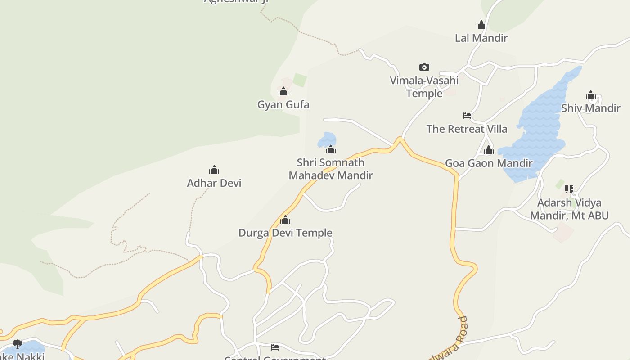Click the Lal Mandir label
tap(481, 38)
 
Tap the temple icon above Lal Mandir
tap(481, 25)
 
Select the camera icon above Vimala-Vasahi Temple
tap(424, 67)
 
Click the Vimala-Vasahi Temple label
tap(424, 87)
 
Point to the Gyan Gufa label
tap(283, 105)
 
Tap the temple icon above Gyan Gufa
tap(283, 92)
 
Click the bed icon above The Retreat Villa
tap(467, 116)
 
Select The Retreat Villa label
tap(467, 129)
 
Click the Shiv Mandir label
tap(590, 108)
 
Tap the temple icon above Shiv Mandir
tap(591, 95)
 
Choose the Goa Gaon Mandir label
tap(489, 163)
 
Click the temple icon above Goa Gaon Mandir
tap(489, 150)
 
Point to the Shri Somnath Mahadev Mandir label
tap(331, 169)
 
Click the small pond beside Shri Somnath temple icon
tap(327, 139)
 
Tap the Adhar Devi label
tap(214, 183)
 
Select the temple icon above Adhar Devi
tap(214, 170)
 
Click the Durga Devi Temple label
tap(285, 233)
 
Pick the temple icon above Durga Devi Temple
tap(285, 220)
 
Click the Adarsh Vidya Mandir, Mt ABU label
tap(569, 209)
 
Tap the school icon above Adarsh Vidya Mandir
tap(569, 189)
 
